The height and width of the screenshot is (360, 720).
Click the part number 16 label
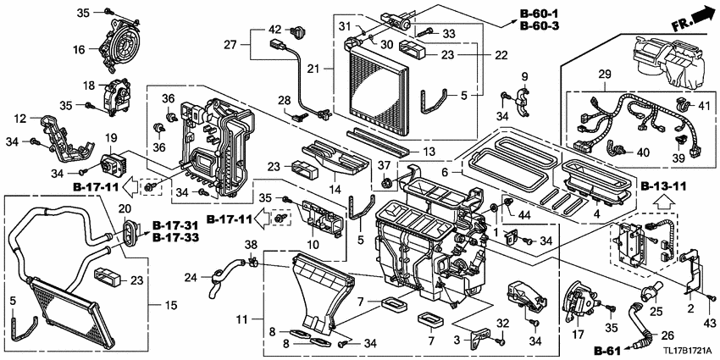pyautogui.click(x=79, y=50)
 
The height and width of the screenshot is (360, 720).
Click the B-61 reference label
pyautogui.click(x=606, y=350)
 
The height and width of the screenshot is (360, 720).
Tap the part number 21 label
pyautogui.click(x=313, y=68)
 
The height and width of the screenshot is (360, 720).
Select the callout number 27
pyautogui.click(x=231, y=43)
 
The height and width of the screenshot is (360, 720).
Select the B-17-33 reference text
pyautogui.click(x=177, y=239)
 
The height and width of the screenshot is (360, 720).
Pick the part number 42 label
pyautogui.click(x=274, y=30)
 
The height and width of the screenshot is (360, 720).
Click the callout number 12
pyautogui.click(x=21, y=119)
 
